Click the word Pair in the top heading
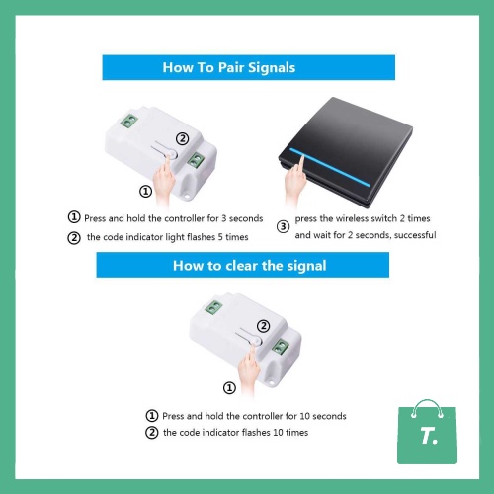pyautogui.click(x=231, y=67)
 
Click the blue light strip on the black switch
pyautogui.click(x=330, y=167)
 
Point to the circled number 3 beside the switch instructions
pyautogui.click(x=283, y=226)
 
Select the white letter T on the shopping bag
pyautogui.click(x=427, y=436)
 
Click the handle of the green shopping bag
pyautogui.click(x=428, y=407)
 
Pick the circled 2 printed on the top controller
pyautogui.click(x=183, y=138)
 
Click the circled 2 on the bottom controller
pyautogui.click(x=263, y=326)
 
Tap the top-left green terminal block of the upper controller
pyautogui.click(x=128, y=121)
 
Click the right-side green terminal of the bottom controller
pyautogui.click(x=281, y=346)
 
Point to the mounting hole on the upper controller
pyautogui.click(x=187, y=197)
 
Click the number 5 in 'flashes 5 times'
pyautogui.click(x=220, y=237)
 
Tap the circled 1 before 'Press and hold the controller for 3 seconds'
pyautogui.click(x=74, y=217)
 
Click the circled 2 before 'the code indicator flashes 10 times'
pyautogui.click(x=152, y=432)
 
